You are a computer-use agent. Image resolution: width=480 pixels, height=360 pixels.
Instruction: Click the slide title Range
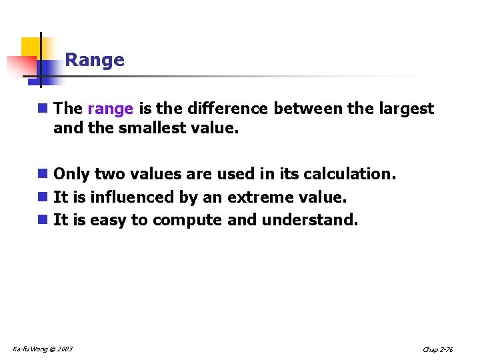tap(95, 60)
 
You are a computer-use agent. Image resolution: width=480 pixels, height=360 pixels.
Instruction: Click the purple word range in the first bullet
tap(111, 109)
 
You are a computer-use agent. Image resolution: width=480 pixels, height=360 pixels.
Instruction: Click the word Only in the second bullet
tap(71, 174)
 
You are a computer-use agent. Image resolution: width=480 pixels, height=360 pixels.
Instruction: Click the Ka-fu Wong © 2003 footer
tap(43, 349)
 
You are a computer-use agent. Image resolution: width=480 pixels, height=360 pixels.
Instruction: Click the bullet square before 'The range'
tap(43, 109)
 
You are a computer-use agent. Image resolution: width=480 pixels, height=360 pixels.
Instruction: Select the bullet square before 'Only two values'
tap(43, 174)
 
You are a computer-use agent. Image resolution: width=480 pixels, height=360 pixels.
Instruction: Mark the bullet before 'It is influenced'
tap(43, 197)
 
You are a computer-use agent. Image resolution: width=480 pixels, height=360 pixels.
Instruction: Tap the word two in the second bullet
tap(109, 174)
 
